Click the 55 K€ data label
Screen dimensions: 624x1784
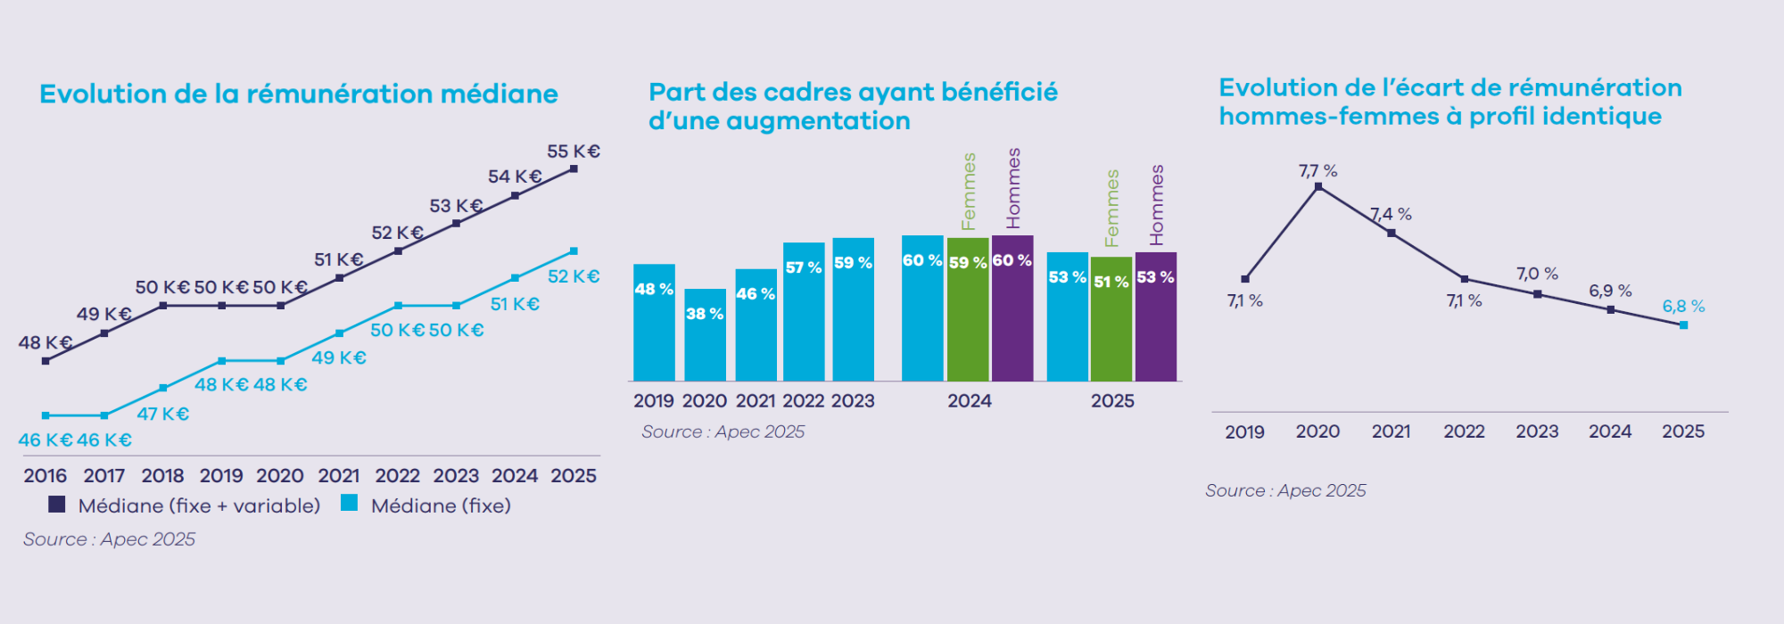pos(573,152)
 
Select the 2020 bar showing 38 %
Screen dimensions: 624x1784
pos(705,336)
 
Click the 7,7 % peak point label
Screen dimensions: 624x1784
pos(1317,171)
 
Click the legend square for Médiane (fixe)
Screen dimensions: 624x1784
pos(350,504)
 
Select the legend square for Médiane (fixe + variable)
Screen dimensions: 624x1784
pos(57,505)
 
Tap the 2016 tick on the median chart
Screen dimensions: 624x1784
pos(45,476)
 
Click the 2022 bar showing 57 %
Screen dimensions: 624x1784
pos(804,312)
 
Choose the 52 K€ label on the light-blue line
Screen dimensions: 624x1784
pos(573,276)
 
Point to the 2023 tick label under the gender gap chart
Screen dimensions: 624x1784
pos(1537,431)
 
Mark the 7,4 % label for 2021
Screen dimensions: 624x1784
pos(1392,215)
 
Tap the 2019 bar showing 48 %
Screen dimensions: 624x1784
pos(654,323)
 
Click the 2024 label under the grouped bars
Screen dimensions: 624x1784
pos(970,401)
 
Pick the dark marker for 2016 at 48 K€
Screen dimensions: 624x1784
pos(45,361)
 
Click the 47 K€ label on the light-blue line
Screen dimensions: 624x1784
pos(162,414)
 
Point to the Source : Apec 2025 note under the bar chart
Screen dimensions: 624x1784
pos(723,432)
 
